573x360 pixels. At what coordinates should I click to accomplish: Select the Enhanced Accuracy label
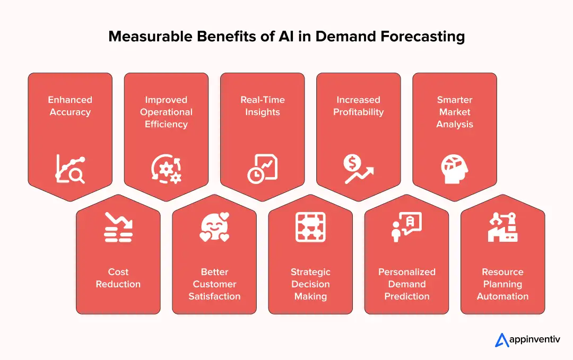pos(70,106)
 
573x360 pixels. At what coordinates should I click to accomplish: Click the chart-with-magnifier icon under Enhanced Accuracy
pos(70,169)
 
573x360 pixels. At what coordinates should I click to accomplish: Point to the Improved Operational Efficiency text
pos(166,112)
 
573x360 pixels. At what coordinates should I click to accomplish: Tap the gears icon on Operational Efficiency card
pos(166,169)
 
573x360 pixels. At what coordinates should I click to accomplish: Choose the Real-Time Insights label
pos(262,106)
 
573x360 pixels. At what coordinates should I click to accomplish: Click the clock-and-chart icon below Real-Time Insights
pos(262,169)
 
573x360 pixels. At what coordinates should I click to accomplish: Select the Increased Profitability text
pos(358,106)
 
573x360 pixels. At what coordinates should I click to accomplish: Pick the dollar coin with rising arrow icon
pos(358,169)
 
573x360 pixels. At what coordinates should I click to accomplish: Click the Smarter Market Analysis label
pos(455,112)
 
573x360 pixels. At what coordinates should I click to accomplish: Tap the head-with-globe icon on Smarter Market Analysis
pos(455,169)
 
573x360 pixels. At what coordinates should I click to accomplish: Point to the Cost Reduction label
pos(118,278)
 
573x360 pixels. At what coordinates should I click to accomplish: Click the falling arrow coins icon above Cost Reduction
pos(118,227)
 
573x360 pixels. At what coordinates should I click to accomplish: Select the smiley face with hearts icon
pos(214,227)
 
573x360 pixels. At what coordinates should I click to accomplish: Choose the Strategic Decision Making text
pos(310,284)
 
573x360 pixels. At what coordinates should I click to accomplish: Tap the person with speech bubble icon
pos(406,227)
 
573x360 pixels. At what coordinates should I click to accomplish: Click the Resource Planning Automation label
pos(502,284)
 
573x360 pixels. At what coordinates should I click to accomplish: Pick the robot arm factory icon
pos(502,227)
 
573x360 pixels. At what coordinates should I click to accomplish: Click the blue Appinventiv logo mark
pos(502,340)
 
